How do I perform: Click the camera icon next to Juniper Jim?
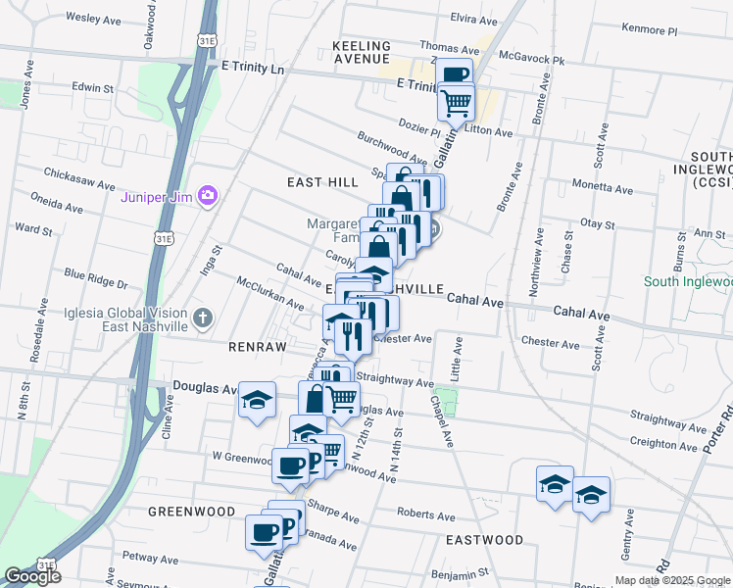point(207,196)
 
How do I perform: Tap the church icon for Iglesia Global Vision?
point(203,318)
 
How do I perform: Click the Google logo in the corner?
point(32,576)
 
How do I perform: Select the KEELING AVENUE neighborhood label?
point(362,53)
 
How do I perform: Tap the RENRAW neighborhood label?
point(257,347)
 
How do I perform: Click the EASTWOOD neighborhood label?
point(484,540)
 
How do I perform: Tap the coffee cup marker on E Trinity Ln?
point(454,75)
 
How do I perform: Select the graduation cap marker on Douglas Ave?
point(257,400)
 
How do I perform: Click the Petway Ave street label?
point(149,557)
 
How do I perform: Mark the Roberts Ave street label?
point(425,515)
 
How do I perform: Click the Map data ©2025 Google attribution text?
point(672,580)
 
